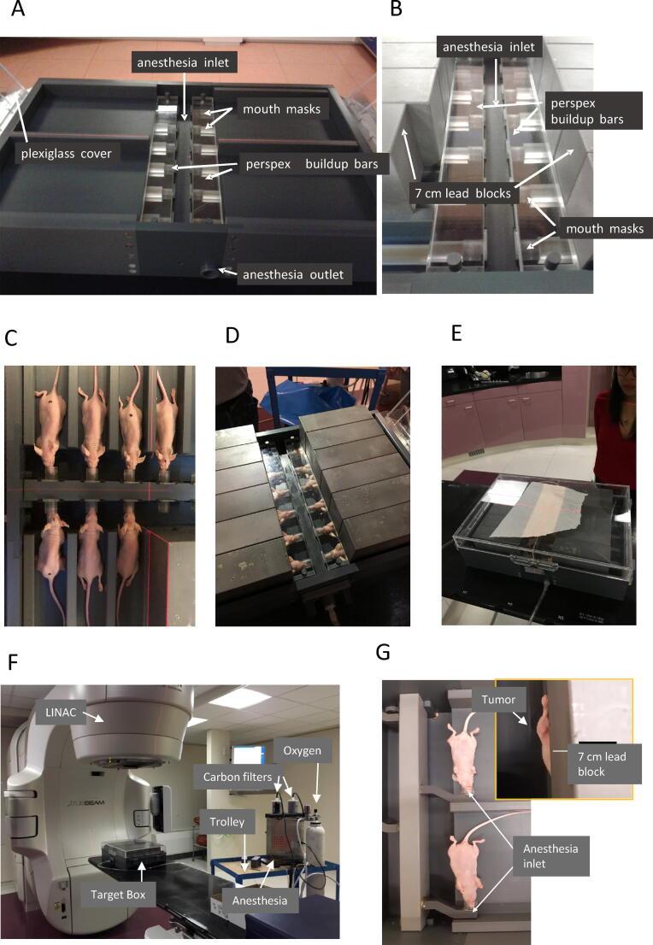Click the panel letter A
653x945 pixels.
[x=18, y=9]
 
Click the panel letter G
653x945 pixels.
[x=383, y=652]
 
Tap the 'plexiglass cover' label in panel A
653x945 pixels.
[x=67, y=154]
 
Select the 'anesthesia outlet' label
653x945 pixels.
[x=293, y=275]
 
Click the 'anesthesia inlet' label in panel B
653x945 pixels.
[x=488, y=47]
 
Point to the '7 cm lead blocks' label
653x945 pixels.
[x=462, y=193]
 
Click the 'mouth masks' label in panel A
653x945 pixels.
[x=281, y=109]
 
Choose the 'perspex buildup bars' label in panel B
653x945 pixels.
[x=587, y=111]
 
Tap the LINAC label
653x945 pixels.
[x=61, y=713]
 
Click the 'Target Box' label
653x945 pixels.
[x=118, y=895]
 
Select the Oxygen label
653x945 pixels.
[x=302, y=751]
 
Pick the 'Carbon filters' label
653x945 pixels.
[x=238, y=778]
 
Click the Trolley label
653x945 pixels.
[x=226, y=822]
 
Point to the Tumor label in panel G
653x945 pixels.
[x=498, y=700]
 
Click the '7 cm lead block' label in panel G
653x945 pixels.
[x=603, y=764]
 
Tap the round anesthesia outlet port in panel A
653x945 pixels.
[x=209, y=271]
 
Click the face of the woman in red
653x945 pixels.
[x=628, y=379]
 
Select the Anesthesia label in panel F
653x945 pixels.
[x=260, y=901]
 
